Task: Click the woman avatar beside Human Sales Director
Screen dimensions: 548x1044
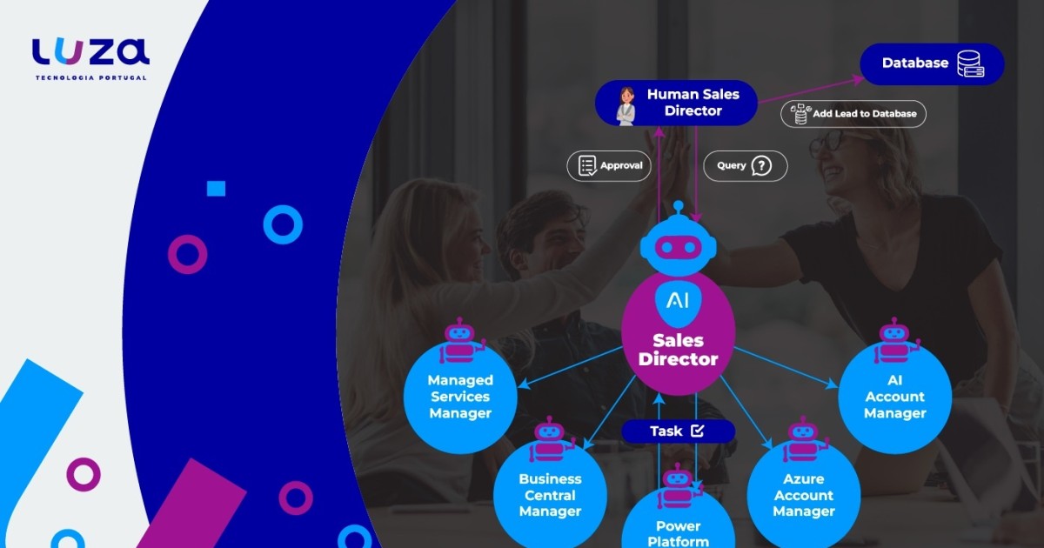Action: pyautogui.click(x=626, y=105)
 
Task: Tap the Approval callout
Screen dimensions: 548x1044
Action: pyautogui.click(x=609, y=166)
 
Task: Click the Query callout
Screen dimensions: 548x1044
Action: pyautogui.click(x=745, y=166)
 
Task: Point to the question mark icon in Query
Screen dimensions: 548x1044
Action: pyautogui.click(x=761, y=166)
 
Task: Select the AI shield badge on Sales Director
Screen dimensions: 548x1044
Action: pyautogui.click(x=678, y=301)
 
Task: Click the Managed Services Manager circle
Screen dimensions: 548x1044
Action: pyautogui.click(x=460, y=397)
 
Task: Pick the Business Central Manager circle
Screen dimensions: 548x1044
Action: pyautogui.click(x=550, y=494)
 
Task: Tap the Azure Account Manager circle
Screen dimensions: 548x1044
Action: pyautogui.click(x=803, y=494)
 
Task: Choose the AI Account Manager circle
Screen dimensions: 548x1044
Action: pyautogui.click(x=894, y=397)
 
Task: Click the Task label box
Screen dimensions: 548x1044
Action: pyautogui.click(x=678, y=431)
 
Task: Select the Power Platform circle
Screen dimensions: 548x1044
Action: pyautogui.click(x=678, y=522)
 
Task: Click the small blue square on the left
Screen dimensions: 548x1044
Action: pyautogui.click(x=216, y=189)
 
